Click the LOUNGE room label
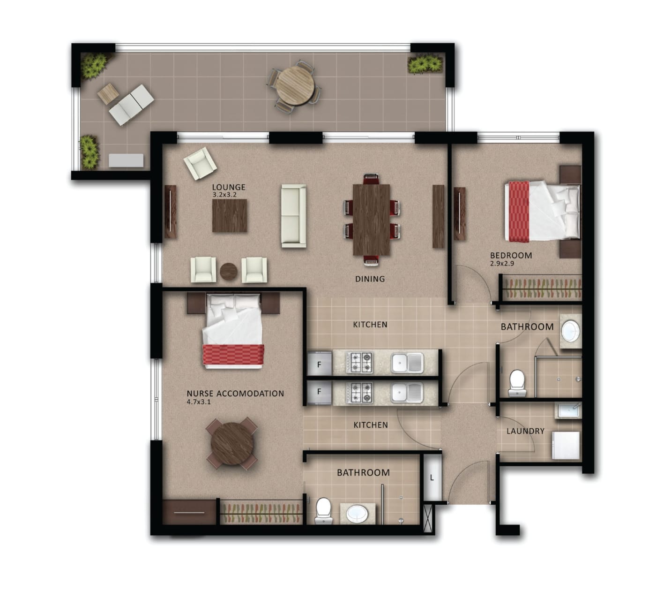pos(228,187)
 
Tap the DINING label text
pos(370,279)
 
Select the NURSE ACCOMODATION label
pos(235,394)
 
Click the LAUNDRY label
pos(525,431)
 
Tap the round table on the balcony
pos(294,85)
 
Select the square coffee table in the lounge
pos(230,216)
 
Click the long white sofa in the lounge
pos(293,216)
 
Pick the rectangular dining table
pos(371,219)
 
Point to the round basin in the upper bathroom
pos(570,331)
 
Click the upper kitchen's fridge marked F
pos(319,364)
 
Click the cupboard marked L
pos(432,478)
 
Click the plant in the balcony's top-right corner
pos(425,64)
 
